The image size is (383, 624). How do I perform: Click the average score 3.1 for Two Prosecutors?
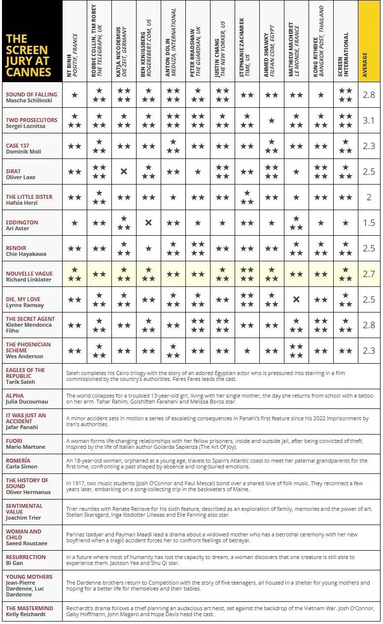(x=369, y=121)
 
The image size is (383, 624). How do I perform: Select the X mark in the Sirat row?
(x=124, y=172)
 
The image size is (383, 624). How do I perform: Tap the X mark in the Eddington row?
(x=148, y=223)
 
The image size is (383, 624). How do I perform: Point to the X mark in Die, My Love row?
(x=296, y=300)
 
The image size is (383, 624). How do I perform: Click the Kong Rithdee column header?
(x=321, y=42)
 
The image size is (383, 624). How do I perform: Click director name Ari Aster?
(x=17, y=228)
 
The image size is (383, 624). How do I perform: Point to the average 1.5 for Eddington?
(x=369, y=223)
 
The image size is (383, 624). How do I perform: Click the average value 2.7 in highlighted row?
(x=369, y=274)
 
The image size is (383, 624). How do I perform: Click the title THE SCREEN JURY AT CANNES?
(x=29, y=55)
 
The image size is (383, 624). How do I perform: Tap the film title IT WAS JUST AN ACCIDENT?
(x=26, y=418)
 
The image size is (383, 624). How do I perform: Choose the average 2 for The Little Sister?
(x=369, y=197)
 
